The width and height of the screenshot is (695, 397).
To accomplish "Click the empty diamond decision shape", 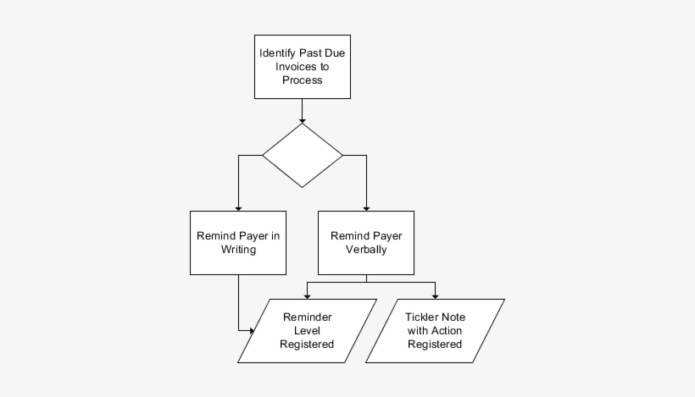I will pyautogui.click(x=303, y=156).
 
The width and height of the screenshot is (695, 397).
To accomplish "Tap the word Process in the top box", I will pyautogui.click(x=303, y=80).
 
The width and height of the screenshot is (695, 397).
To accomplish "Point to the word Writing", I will pyautogui.click(x=238, y=251).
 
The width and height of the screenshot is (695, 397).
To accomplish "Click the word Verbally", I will pyautogui.click(x=366, y=251).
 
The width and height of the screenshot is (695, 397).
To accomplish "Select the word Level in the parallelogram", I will pyautogui.click(x=308, y=330).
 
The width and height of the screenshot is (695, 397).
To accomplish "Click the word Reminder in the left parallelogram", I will pyautogui.click(x=308, y=317).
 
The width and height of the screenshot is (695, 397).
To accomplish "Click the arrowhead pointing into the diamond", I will pyautogui.click(x=303, y=119).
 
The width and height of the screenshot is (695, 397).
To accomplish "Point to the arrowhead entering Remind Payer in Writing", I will pyautogui.click(x=238, y=206).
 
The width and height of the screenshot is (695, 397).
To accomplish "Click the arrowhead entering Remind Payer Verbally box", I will pyautogui.click(x=366, y=206).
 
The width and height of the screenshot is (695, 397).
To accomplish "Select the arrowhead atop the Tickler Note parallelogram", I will pyautogui.click(x=435, y=295).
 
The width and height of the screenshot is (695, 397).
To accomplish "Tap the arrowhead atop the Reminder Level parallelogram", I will pyautogui.click(x=307, y=295).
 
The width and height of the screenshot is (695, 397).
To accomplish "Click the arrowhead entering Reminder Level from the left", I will pyautogui.click(x=251, y=330).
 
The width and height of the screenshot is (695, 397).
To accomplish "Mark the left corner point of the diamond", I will pyautogui.click(x=264, y=156).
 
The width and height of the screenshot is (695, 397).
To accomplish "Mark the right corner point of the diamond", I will pyautogui.click(x=342, y=156).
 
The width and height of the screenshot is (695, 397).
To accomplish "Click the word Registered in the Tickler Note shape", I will pyautogui.click(x=435, y=345).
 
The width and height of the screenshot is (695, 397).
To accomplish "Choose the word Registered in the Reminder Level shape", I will pyautogui.click(x=308, y=345).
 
